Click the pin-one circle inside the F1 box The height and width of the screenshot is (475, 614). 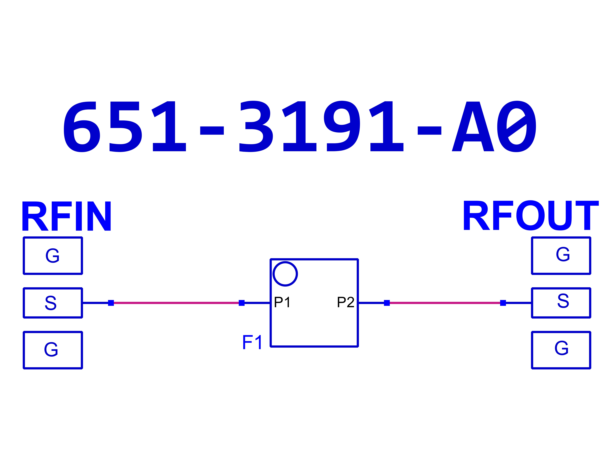(x=285, y=274)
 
